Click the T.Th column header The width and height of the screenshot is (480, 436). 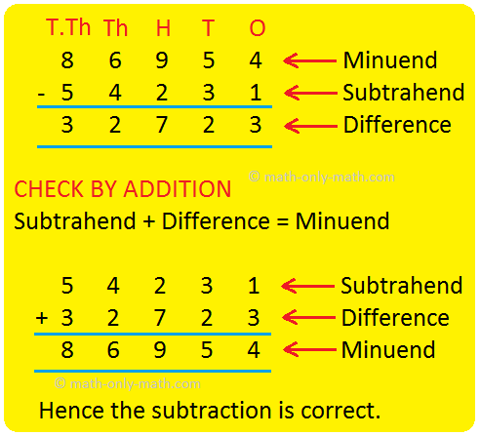pyautogui.click(x=68, y=27)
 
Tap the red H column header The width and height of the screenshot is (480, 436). pyautogui.click(x=163, y=28)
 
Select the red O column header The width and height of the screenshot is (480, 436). pyautogui.click(x=258, y=28)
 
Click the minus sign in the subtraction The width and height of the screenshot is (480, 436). pyautogui.click(x=41, y=95)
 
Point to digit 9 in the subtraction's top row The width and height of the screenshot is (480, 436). pyautogui.click(x=162, y=60)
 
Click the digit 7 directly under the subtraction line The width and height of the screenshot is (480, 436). pyautogui.click(x=162, y=125)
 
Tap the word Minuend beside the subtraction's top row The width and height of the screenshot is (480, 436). pyautogui.click(x=390, y=60)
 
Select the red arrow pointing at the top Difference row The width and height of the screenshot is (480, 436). pyautogui.click(x=310, y=126)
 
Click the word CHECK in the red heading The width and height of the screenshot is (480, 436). pyautogui.click(x=49, y=189)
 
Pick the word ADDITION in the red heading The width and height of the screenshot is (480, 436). pyautogui.click(x=178, y=189)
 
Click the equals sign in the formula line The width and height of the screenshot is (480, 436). pyautogui.click(x=283, y=222)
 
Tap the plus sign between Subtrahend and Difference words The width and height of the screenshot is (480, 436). pyautogui.click(x=149, y=221)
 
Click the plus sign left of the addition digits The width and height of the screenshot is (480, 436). pyautogui.click(x=42, y=317)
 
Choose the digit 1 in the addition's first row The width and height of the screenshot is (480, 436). pyautogui.click(x=254, y=286)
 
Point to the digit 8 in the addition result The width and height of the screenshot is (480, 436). pyautogui.click(x=67, y=350)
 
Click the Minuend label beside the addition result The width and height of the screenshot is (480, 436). pyautogui.click(x=388, y=350)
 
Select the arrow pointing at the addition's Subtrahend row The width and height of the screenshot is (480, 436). pyautogui.click(x=308, y=286)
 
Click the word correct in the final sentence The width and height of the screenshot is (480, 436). pyautogui.click(x=340, y=411)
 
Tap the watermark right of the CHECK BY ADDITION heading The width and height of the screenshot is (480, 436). pyautogui.click(x=322, y=178)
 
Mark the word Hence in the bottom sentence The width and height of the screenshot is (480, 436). pyautogui.click(x=71, y=410)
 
